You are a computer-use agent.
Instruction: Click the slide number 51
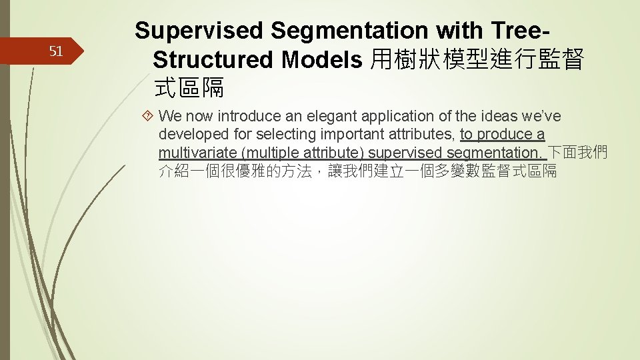click(56, 51)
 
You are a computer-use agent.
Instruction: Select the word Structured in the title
click(213, 60)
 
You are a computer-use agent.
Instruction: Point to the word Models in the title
click(322, 60)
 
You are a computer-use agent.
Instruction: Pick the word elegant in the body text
click(319, 117)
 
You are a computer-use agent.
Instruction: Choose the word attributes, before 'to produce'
click(423, 135)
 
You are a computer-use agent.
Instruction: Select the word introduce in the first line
click(251, 117)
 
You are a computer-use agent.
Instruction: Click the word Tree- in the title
click(519, 31)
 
